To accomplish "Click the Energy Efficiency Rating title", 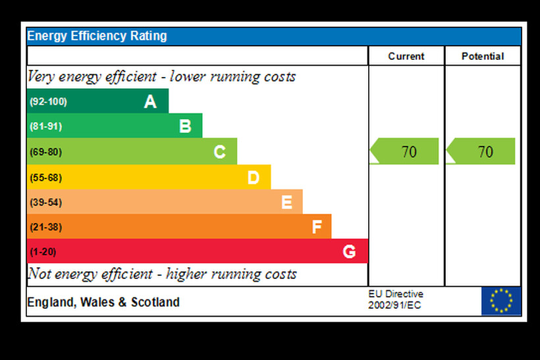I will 97,36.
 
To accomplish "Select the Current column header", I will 406,57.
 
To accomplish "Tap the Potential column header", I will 483,57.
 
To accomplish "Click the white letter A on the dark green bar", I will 150,101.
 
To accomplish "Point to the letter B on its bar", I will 185,126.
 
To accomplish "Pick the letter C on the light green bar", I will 219,152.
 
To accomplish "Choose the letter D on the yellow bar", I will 254,177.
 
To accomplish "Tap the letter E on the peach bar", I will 286,202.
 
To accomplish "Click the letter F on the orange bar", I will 317,227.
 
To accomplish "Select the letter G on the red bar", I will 349,251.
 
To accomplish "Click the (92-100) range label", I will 48,101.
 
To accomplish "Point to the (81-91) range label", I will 45,126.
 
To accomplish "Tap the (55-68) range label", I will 45,177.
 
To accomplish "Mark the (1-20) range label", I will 43,251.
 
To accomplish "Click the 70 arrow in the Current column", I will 405,151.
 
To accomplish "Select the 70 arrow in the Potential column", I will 481,151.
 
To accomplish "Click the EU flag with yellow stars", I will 501,301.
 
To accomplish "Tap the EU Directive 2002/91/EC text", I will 396,300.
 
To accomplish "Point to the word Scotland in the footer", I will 155,303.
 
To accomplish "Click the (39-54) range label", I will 45,202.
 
